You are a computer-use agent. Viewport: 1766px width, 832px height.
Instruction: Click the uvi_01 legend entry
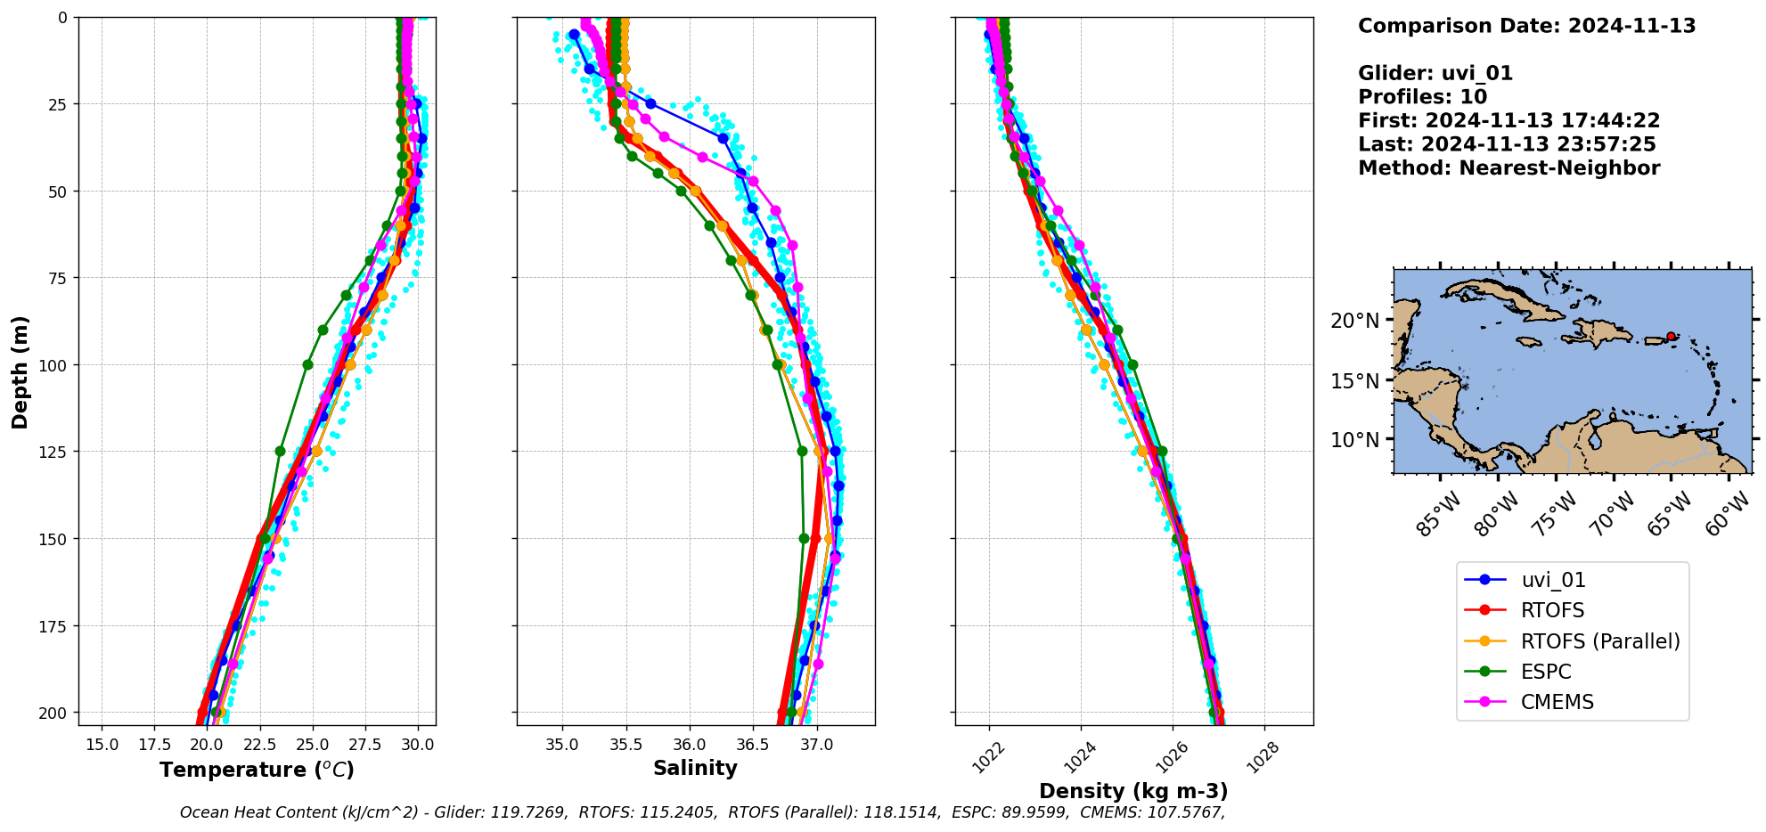coord(1553,580)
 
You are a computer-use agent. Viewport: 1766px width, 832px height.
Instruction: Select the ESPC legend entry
coord(1546,672)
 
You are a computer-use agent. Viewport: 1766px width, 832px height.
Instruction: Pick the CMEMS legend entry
coord(1557,702)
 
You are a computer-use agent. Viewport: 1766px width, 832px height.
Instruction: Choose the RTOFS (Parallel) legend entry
coord(1599,641)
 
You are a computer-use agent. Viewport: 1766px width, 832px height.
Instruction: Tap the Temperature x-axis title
coord(257,770)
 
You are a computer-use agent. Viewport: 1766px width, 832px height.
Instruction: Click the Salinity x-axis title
coord(695,768)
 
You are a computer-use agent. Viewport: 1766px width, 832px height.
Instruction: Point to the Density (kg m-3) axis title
coord(1133,791)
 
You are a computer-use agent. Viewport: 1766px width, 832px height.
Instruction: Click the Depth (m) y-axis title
coord(20,371)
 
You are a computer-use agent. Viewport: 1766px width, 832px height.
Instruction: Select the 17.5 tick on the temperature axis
coord(154,744)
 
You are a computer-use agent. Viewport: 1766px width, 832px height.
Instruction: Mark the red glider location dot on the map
coord(1671,337)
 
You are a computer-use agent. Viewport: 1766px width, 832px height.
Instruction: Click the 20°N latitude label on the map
coord(1354,321)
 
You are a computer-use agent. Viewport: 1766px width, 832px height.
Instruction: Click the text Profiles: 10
coord(1422,97)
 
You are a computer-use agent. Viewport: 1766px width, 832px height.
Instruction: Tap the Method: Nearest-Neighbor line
coord(1508,168)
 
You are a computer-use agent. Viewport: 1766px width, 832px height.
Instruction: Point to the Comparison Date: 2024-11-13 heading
coord(1526,26)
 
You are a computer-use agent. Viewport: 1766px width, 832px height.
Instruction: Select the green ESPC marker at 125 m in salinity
coord(802,451)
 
